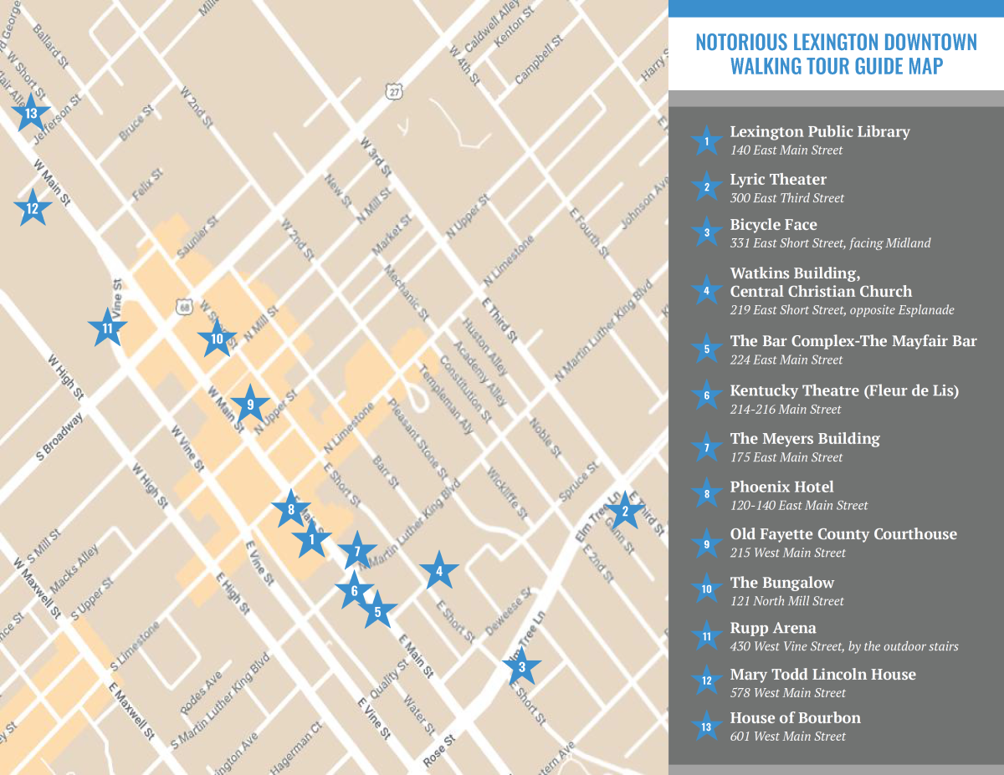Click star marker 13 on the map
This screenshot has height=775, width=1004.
[31, 113]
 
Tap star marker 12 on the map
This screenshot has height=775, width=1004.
[32, 208]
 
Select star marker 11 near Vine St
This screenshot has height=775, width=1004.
[107, 329]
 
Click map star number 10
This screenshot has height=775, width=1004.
[217, 339]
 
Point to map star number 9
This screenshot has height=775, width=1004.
[249, 405]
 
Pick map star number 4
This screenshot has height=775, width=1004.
[438, 572]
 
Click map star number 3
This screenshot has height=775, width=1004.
[522, 666]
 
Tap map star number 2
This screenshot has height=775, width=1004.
[624, 511]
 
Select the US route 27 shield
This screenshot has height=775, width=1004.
[394, 92]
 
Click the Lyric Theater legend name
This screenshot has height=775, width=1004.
[777, 180]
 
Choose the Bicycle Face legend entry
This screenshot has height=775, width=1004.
[773, 225]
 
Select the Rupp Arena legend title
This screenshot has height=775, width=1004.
[772, 628]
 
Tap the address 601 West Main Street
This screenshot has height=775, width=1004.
[787, 737]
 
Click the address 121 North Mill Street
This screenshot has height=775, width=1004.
[786, 601]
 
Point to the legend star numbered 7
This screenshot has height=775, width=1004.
[707, 448]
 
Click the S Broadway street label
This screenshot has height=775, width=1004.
[59, 436]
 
